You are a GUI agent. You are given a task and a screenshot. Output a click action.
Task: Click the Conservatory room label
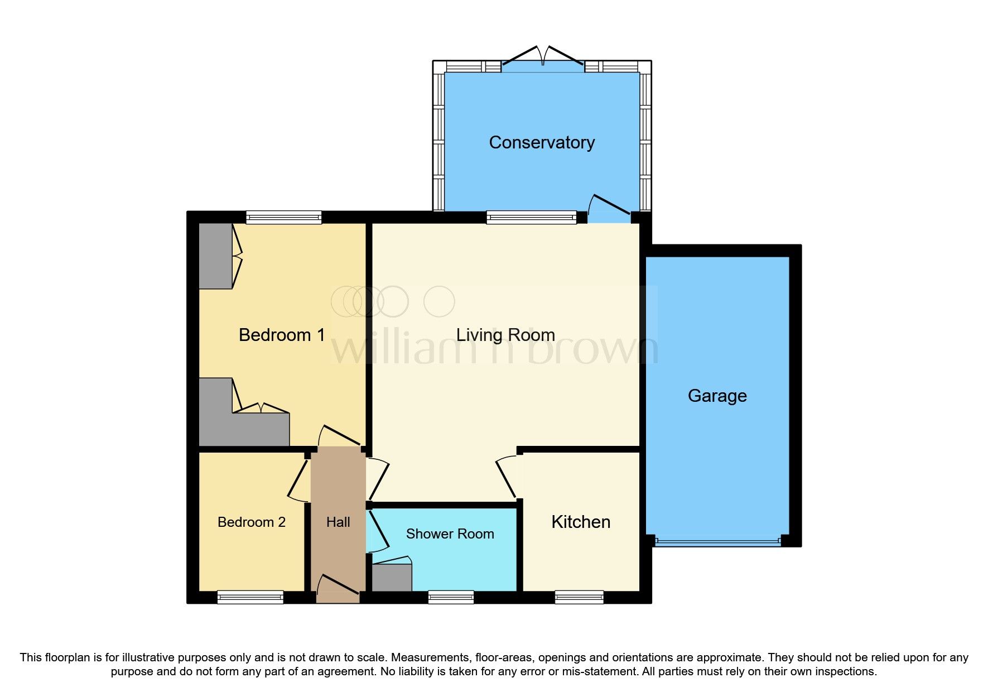tap(541, 142)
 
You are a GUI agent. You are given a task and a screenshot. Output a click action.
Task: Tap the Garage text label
tap(717, 396)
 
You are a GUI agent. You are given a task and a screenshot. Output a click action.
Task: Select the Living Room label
tap(505, 335)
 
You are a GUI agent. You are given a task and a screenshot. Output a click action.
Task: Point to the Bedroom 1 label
tap(281, 335)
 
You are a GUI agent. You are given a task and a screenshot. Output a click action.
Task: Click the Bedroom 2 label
tap(251, 522)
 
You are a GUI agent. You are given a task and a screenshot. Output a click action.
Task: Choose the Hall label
tap(338, 522)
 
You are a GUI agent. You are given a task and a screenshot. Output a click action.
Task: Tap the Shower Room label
tap(450, 534)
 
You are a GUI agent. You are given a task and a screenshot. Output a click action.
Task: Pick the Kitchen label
tap(580, 522)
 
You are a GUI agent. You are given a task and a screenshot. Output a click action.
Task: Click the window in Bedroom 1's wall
tap(284, 217)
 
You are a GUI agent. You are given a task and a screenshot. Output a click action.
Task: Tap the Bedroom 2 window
tap(250, 598)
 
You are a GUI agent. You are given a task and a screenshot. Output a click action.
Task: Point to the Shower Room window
tap(451, 598)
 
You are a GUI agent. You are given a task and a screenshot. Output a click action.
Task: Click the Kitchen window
tap(579, 598)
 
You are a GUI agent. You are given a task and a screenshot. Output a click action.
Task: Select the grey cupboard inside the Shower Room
tap(392, 578)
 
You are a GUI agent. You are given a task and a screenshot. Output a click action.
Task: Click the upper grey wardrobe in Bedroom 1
tap(215, 256)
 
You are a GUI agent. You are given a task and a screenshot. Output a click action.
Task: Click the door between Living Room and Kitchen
tap(507, 478)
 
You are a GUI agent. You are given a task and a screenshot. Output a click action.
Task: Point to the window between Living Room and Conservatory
tap(531, 217)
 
